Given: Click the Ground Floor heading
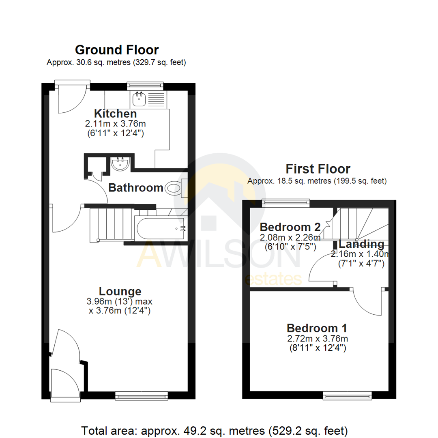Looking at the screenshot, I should pyautogui.click(x=117, y=50).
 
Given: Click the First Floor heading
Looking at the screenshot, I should pyautogui.click(x=318, y=168).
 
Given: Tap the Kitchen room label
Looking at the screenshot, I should pyautogui.click(x=115, y=114).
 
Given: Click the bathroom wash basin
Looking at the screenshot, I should pyautogui.click(x=120, y=163).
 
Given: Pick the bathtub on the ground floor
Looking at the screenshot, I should pyautogui.click(x=161, y=228).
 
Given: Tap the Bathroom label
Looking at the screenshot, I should pyautogui.click(x=135, y=188).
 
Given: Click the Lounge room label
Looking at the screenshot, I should pyautogui.click(x=120, y=291).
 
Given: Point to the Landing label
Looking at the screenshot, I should pyautogui.click(x=361, y=244).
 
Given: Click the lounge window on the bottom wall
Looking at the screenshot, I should pyautogui.click(x=141, y=395).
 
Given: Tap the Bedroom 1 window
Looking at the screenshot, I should pyautogui.click(x=347, y=395).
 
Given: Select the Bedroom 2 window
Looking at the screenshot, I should pyautogui.click(x=286, y=202).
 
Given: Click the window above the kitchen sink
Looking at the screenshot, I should pyautogui.click(x=145, y=86).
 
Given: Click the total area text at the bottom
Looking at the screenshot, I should pyautogui.click(x=215, y=430).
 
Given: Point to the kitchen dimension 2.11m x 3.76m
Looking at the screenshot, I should pyautogui.click(x=115, y=123).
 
